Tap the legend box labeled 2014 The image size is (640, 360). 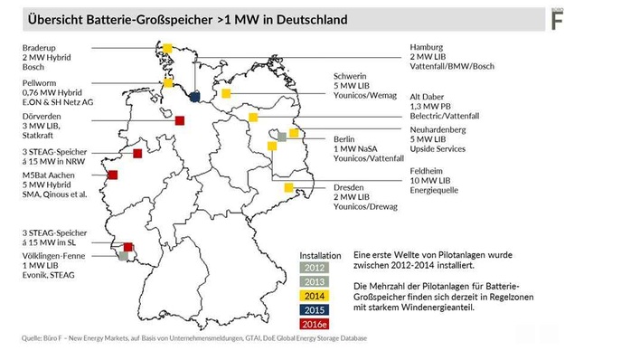tap(315, 296)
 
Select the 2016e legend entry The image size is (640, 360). tap(315, 325)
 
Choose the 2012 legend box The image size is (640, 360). tap(315, 268)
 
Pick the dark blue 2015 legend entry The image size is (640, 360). tap(315, 310)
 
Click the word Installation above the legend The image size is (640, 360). tap(320, 255)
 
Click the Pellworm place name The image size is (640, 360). tap(41, 82)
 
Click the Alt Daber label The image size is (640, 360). tap(430, 96)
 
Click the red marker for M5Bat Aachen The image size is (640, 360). tap(113, 175)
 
